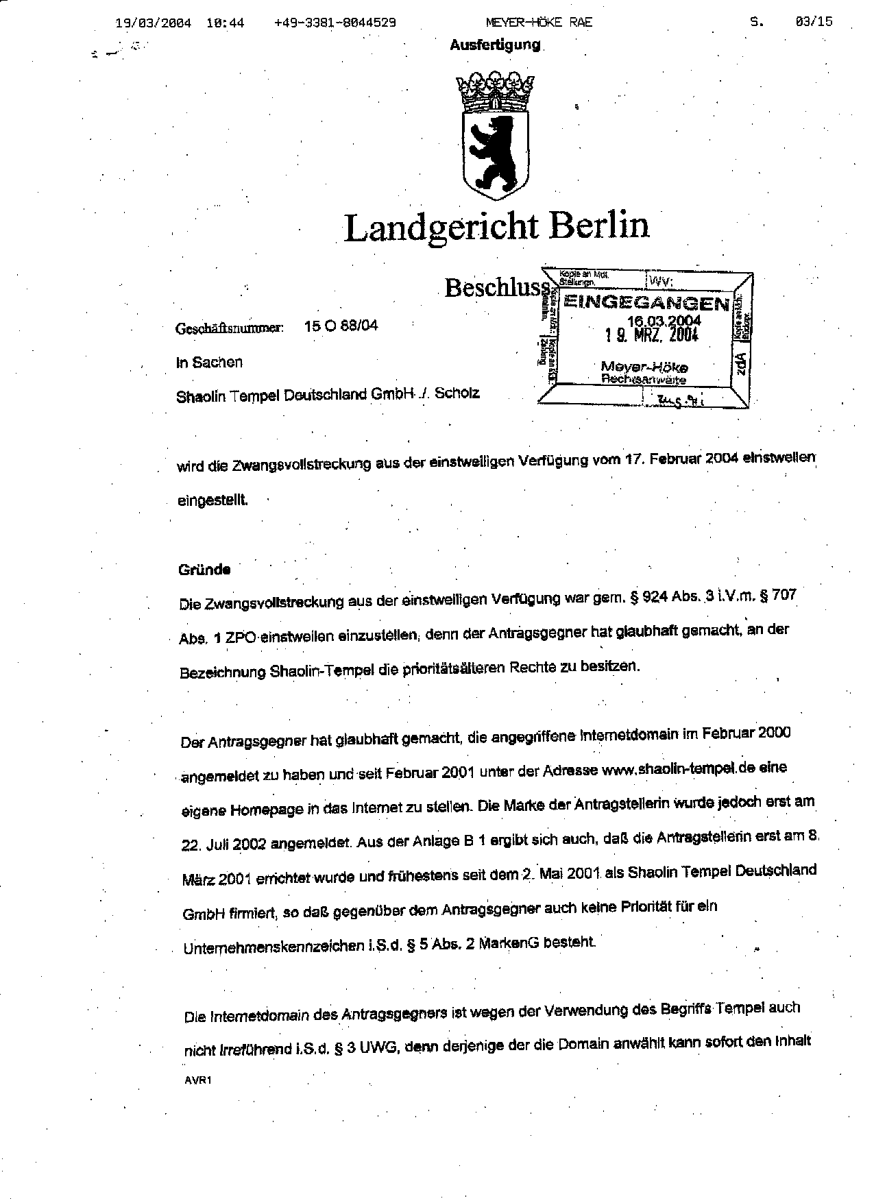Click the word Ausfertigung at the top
(495, 45)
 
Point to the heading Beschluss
(497, 287)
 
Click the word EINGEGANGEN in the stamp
(646, 304)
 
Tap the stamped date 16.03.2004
(664, 321)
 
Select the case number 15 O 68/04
(341, 326)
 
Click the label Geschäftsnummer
(230, 328)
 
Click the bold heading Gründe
(204, 570)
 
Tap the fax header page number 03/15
(814, 21)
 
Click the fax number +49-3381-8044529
(335, 22)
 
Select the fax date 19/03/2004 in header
(153, 22)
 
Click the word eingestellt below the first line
(213, 500)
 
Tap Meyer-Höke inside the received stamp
(644, 367)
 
